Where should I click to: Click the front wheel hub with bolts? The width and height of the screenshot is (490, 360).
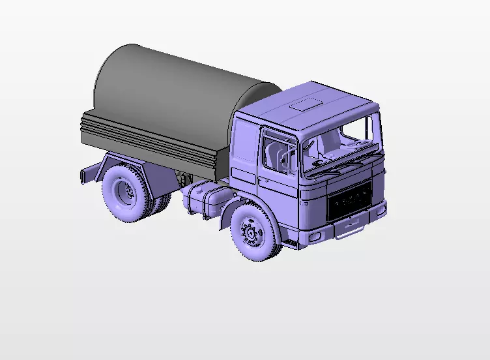(250, 232)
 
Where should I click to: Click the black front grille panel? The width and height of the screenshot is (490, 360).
(349, 200)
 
